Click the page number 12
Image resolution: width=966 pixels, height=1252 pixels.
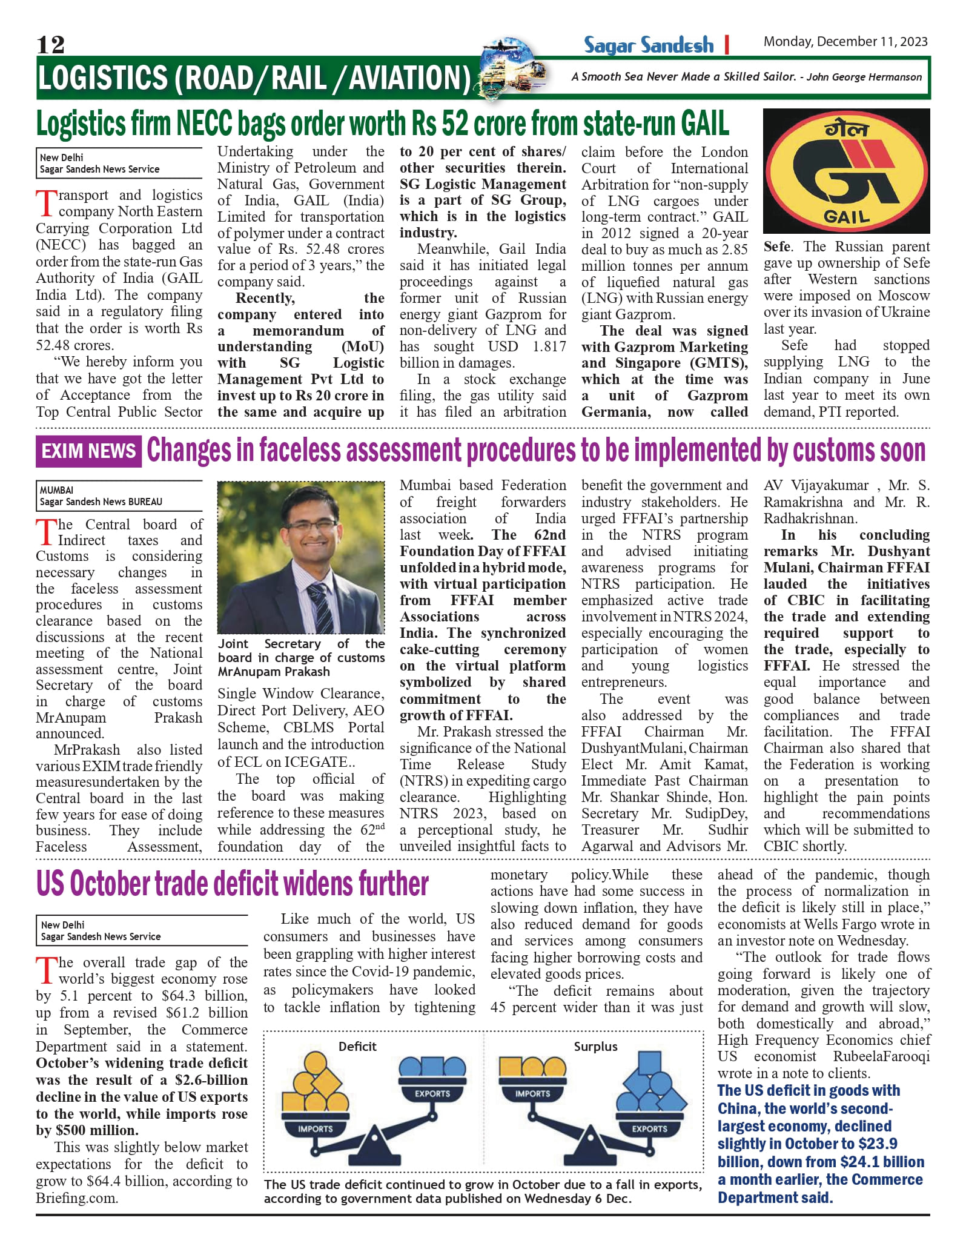coord(50,44)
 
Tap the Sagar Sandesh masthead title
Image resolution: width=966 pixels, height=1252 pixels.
coord(649,45)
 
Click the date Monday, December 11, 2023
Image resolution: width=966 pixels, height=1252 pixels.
coord(845,42)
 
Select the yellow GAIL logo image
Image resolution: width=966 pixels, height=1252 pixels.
coord(846,171)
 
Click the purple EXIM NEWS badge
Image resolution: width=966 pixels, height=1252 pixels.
coord(88,451)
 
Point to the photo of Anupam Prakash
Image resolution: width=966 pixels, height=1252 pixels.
coord(301,557)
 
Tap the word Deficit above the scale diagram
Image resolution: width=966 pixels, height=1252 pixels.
coord(357,1047)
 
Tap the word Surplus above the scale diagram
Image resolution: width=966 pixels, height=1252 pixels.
coord(595,1047)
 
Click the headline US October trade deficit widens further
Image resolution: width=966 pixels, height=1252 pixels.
coord(233,884)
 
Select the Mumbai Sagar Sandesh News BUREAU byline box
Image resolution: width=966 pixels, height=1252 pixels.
coord(119,495)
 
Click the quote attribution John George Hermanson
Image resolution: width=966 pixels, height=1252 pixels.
coord(864,77)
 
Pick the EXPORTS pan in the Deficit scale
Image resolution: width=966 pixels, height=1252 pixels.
coord(432,1093)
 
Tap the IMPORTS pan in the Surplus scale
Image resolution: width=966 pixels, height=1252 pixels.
coord(532,1093)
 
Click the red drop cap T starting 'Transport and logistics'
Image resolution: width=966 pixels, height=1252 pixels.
coord(46,203)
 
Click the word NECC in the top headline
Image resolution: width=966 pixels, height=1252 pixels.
coord(205,124)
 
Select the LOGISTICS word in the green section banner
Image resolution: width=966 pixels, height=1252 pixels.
coord(101,78)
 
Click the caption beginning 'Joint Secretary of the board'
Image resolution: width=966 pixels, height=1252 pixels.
coord(301,657)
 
